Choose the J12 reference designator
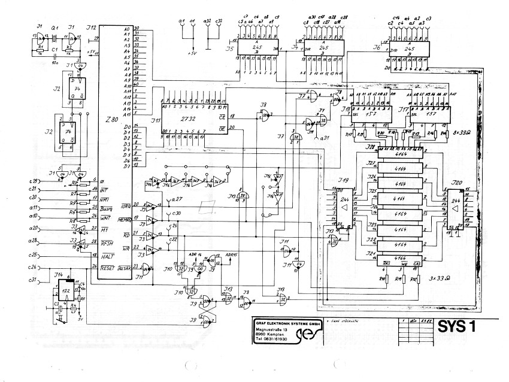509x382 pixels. pyautogui.click(x=91, y=28)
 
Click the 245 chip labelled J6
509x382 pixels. pyautogui.click(x=410, y=48)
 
